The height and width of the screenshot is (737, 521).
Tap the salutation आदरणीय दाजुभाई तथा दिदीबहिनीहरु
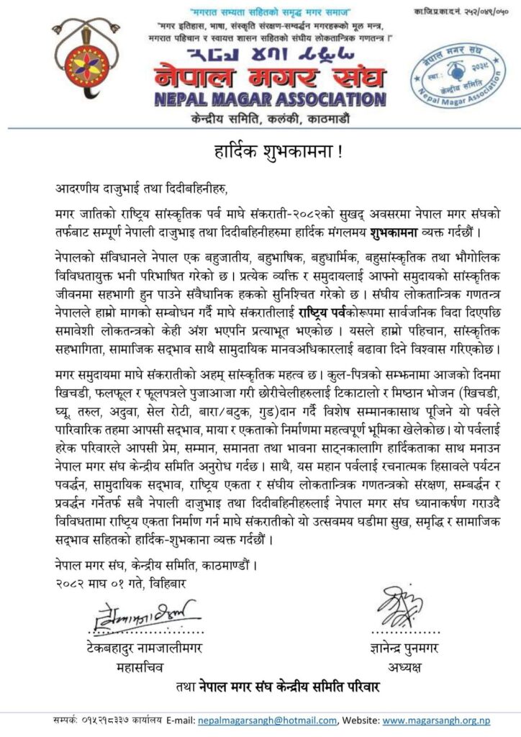click(x=140, y=189)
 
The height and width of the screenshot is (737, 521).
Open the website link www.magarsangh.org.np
click(x=437, y=719)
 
